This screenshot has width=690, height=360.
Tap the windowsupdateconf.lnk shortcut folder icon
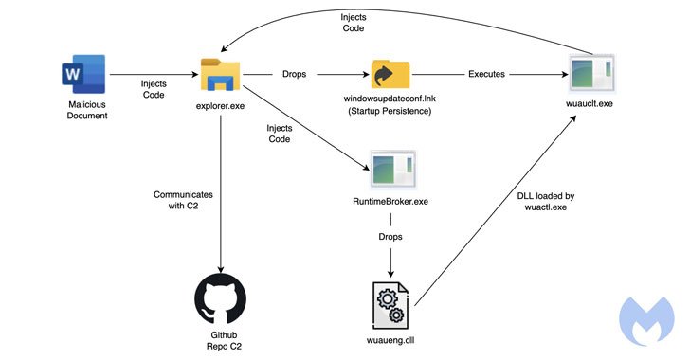[x=390, y=75]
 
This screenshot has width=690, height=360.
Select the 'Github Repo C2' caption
[x=220, y=343]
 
